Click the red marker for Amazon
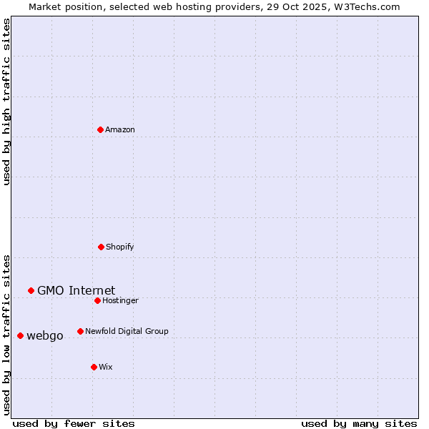pos(100,129)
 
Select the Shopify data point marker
pos(101,247)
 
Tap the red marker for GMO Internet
pos(31,290)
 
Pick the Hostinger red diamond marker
pos(97,300)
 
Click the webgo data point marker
pos(20,335)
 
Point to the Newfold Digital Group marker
pos(80,331)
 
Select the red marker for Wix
pos(94,367)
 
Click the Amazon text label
pos(120,129)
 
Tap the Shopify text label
pos(120,247)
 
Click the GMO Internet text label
pos(76,290)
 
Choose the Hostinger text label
pos(120,300)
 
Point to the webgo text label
pos(45,335)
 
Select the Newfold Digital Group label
pos(127,331)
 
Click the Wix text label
pos(106,367)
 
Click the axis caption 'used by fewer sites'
pos(74,423)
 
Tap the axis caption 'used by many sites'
pos(359,423)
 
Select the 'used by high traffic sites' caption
pos(6,102)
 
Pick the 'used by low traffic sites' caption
pos(6,335)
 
